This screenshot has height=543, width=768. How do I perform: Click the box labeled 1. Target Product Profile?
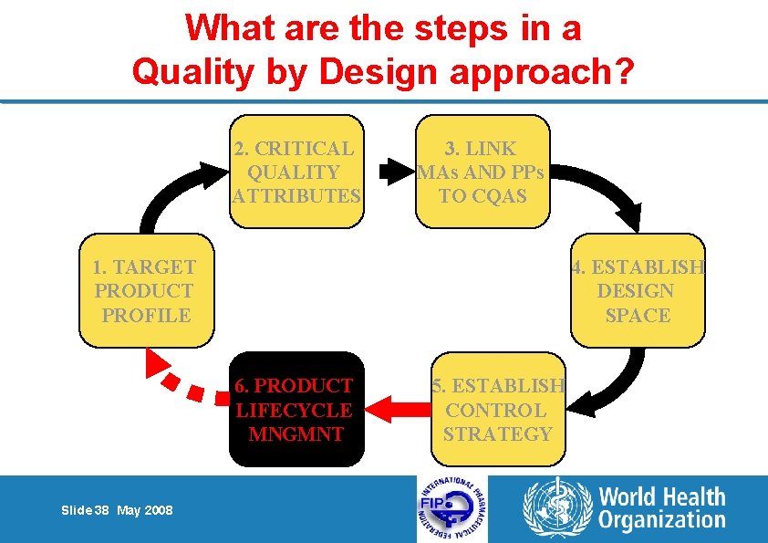[146, 291]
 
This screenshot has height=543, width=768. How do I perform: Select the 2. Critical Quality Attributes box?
[296, 172]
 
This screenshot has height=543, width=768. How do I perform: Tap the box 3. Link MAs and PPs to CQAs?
[483, 172]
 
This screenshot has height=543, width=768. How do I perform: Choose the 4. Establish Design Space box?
[638, 291]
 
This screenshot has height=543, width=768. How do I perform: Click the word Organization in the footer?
[662, 521]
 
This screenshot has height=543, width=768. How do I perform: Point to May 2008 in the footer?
[144, 510]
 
